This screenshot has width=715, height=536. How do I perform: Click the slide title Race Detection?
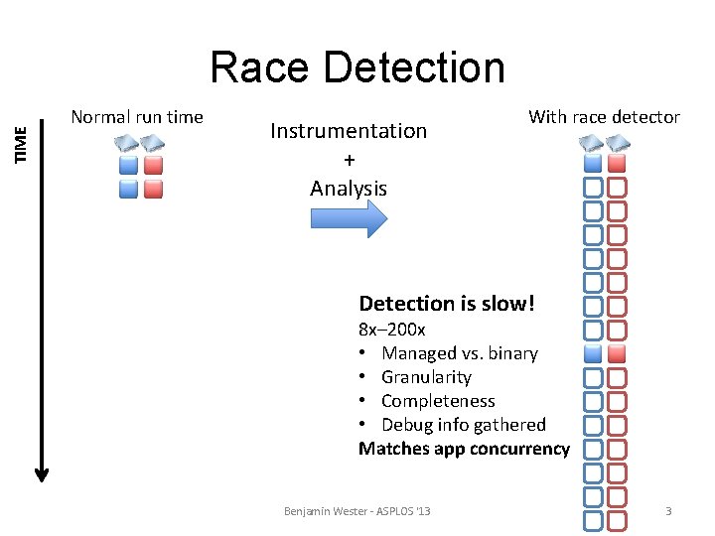(x=357, y=67)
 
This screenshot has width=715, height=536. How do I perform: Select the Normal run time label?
(x=137, y=117)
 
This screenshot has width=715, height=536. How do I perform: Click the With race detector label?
(x=604, y=117)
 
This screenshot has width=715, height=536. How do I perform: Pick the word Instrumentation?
(x=349, y=130)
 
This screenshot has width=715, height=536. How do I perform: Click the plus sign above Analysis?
(x=349, y=160)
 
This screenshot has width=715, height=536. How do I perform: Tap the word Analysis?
(x=349, y=188)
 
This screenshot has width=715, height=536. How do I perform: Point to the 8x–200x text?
(x=391, y=330)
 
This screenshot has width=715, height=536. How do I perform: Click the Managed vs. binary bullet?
(x=459, y=353)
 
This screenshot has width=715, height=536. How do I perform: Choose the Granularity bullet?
(x=426, y=377)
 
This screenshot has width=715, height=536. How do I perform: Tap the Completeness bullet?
(x=438, y=401)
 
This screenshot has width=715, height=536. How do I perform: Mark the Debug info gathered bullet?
(x=463, y=425)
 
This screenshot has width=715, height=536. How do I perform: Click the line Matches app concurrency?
(x=464, y=449)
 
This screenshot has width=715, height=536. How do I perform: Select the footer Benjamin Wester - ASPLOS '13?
(x=357, y=511)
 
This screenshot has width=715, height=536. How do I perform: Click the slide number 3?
(x=668, y=511)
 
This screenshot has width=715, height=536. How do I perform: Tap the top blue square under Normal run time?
(x=128, y=165)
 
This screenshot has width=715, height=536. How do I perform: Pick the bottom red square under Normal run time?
(x=152, y=189)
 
